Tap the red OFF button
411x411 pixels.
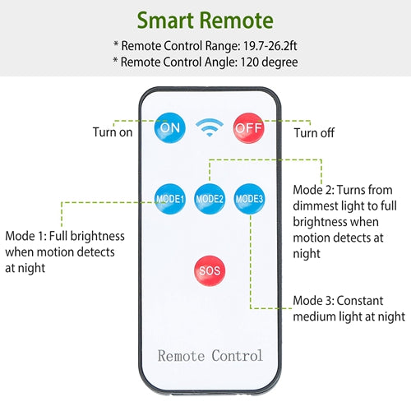(249, 128)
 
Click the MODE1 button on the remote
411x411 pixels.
(170, 199)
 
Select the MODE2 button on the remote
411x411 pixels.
(210, 199)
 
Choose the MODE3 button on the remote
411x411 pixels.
(249, 199)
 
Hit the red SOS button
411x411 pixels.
(210, 270)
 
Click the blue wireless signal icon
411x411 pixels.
(210, 127)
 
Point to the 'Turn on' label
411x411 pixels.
(113, 132)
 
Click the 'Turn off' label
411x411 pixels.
(314, 133)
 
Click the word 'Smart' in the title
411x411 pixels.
(165, 21)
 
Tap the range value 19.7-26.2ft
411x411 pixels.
(270, 46)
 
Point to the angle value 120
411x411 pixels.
(250, 62)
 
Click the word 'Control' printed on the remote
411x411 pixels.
(238, 356)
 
